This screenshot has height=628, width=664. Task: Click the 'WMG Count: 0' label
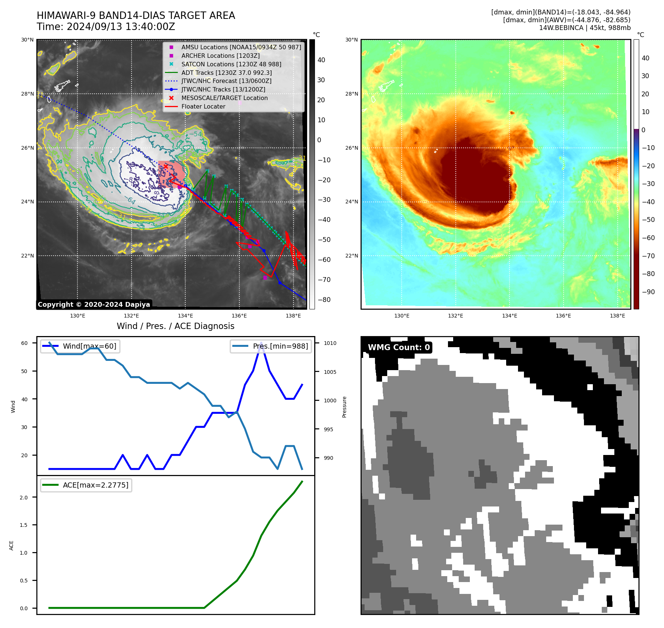click(x=399, y=348)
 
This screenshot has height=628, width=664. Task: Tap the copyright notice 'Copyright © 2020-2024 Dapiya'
click(x=94, y=305)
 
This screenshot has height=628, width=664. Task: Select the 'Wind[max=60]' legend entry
click(x=89, y=346)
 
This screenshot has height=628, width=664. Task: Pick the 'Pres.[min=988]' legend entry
click(x=280, y=346)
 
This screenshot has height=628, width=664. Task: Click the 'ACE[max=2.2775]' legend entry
click(x=95, y=485)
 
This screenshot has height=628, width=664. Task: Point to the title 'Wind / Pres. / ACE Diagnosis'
click(x=175, y=326)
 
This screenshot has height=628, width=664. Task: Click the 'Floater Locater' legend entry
click(x=203, y=106)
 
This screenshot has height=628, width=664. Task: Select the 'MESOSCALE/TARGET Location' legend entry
click(x=224, y=98)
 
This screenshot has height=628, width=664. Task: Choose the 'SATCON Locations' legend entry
click(x=231, y=64)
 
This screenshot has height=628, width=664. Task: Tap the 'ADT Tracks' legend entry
click(x=226, y=73)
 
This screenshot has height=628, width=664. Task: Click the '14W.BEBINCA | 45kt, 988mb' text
click(x=584, y=28)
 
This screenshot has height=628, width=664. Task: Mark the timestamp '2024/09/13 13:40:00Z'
click(x=121, y=27)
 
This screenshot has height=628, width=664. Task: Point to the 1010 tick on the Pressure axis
click(x=330, y=343)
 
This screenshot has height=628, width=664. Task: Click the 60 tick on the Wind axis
click(x=24, y=343)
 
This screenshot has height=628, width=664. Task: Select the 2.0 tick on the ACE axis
click(x=24, y=498)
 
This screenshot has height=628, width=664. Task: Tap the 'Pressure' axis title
click(x=344, y=407)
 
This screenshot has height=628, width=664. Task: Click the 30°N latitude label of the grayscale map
click(x=27, y=40)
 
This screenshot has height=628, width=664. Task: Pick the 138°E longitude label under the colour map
click(x=617, y=316)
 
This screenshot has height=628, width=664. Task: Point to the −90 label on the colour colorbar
click(x=648, y=292)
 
